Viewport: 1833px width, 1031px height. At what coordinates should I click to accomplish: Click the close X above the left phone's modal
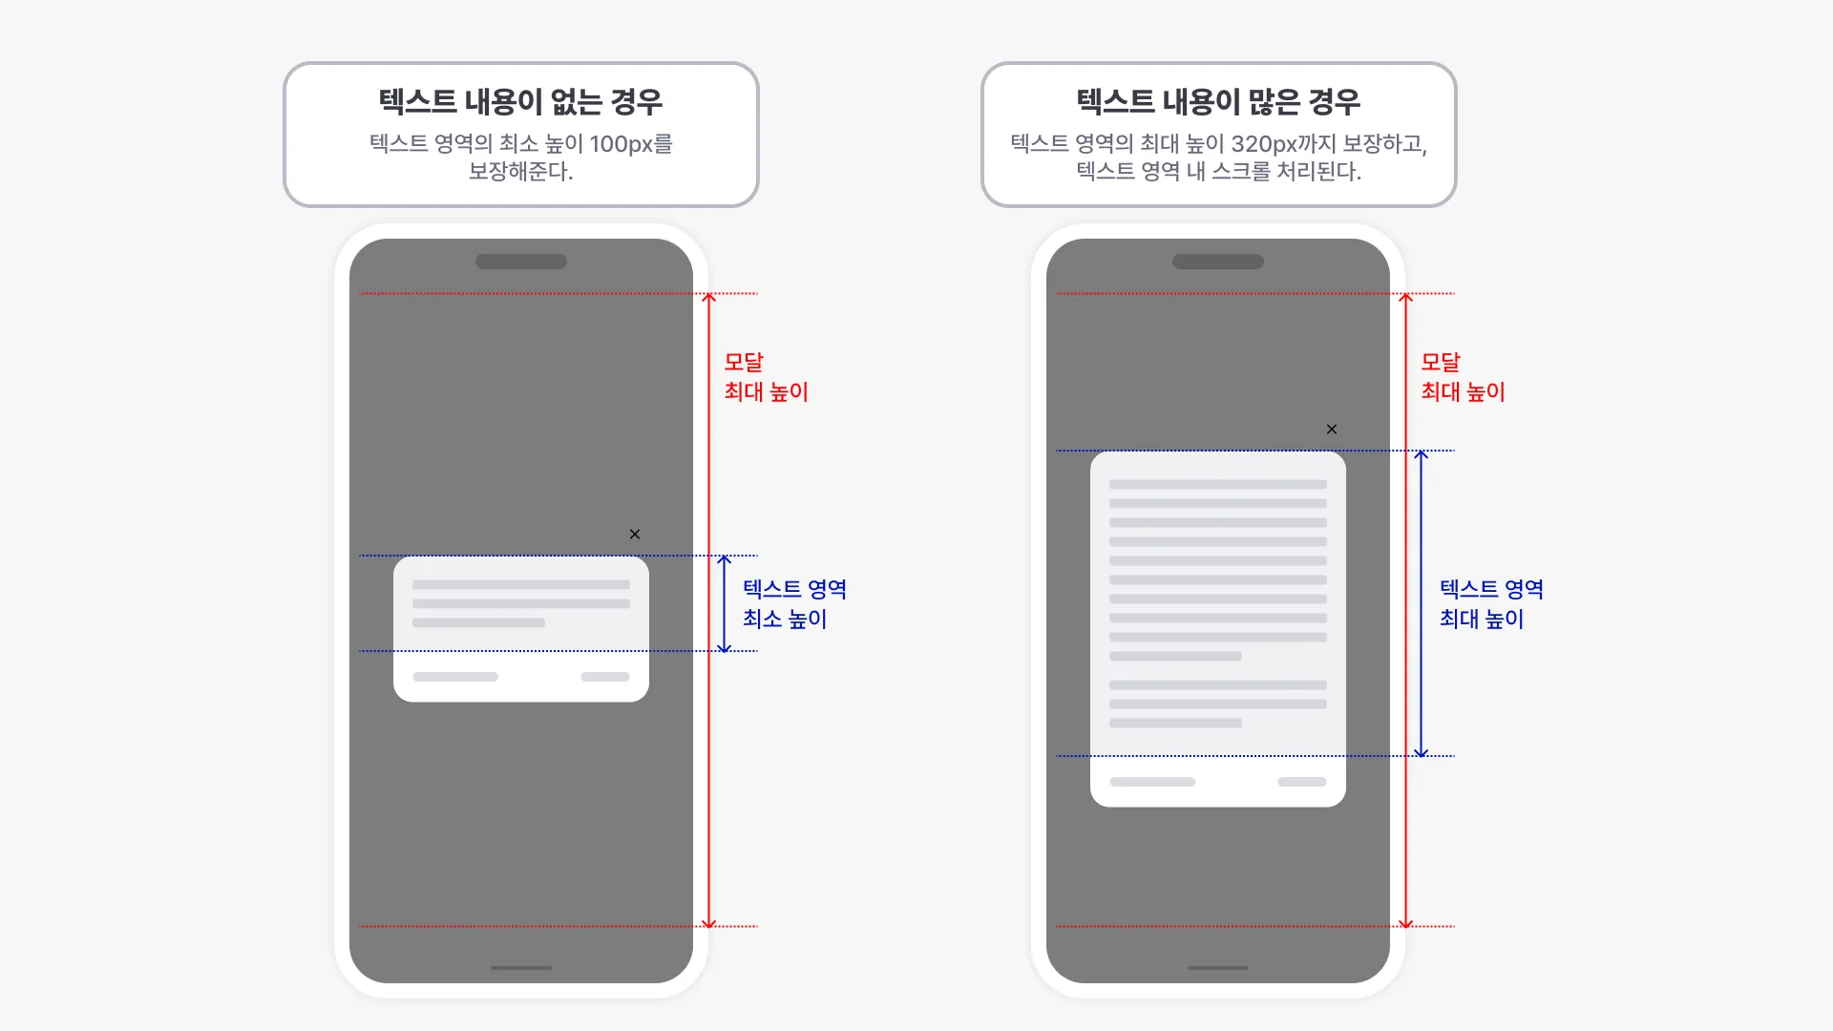635,535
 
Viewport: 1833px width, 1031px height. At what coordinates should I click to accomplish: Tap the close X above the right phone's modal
1332,430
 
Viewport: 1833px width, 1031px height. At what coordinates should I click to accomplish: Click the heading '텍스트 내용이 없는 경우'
520,101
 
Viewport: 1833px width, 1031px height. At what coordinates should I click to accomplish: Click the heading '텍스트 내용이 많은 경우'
1218,101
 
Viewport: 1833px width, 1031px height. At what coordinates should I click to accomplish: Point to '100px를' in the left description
631,144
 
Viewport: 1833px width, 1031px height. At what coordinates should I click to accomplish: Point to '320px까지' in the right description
1284,144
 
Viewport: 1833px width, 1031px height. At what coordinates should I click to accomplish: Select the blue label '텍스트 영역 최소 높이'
794,603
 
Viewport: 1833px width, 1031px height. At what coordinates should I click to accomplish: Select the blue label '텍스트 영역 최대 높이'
1491,603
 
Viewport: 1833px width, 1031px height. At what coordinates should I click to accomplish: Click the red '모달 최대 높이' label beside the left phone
766,377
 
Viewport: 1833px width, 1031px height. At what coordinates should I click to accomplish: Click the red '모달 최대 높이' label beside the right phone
1463,377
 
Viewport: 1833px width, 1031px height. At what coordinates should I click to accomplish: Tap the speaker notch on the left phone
521,262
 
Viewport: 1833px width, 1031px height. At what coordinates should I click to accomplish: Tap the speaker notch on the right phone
1218,262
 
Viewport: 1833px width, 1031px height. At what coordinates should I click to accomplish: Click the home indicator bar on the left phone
521,968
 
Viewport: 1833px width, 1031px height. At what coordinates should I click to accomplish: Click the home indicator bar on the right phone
1218,968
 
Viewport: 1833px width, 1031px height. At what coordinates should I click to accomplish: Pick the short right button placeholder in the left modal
605,677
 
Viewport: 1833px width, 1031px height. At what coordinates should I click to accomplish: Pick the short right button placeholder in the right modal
1302,782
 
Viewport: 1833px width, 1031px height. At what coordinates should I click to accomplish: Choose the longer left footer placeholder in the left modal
455,677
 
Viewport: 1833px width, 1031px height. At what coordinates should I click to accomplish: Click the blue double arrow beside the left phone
725,603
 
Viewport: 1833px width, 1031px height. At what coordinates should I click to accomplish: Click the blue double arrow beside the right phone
1422,603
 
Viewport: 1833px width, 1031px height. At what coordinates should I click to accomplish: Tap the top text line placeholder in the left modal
521,584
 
